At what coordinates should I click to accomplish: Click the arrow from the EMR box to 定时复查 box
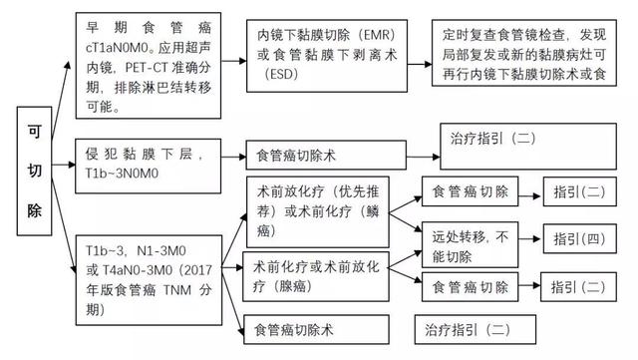[x=419, y=50]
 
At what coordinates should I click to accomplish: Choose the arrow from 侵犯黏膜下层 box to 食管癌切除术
[x=228, y=156]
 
